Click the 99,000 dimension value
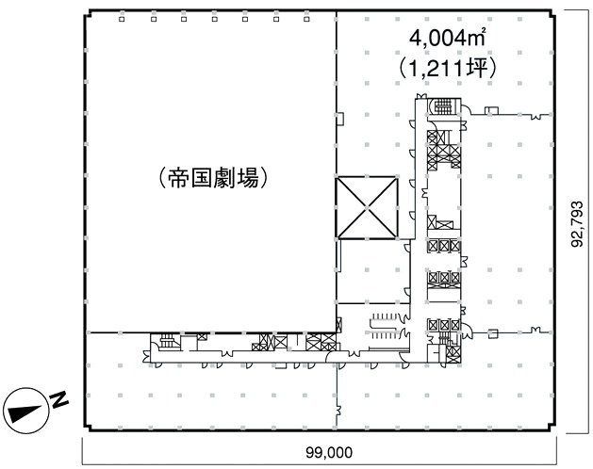pos(328,452)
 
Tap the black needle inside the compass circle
pos(23,412)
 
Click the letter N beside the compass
pos(59,402)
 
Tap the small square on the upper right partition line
pos(537,115)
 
